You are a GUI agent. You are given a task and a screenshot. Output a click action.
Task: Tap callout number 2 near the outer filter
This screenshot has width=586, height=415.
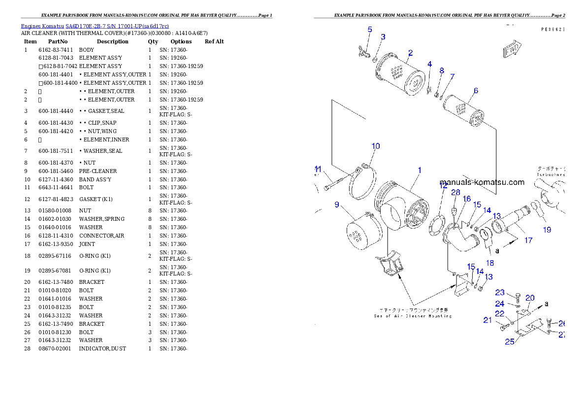tap(410, 53)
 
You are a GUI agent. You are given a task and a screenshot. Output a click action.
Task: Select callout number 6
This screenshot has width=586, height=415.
tap(476, 91)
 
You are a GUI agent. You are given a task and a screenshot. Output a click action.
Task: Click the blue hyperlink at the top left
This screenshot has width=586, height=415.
tap(95, 26)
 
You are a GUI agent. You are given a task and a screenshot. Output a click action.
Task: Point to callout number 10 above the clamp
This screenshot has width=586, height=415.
tap(376, 146)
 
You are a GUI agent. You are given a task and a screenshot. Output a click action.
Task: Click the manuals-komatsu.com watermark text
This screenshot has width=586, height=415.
tap(482, 182)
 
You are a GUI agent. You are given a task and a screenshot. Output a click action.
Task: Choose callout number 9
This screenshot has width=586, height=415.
tap(337, 205)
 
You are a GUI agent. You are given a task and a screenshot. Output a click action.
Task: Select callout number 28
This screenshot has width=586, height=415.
tap(456, 192)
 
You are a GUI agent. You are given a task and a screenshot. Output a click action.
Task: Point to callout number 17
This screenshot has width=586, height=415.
tap(528, 241)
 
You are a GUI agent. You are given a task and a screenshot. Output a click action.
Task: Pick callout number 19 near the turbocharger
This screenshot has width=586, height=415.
tap(547, 230)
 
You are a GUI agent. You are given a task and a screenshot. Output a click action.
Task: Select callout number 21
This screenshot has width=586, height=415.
tap(488, 320)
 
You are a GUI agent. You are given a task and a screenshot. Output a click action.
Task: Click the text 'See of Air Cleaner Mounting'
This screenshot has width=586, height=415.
tap(412, 315)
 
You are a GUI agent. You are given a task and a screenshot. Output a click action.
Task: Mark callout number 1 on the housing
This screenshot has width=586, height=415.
tap(420, 170)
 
